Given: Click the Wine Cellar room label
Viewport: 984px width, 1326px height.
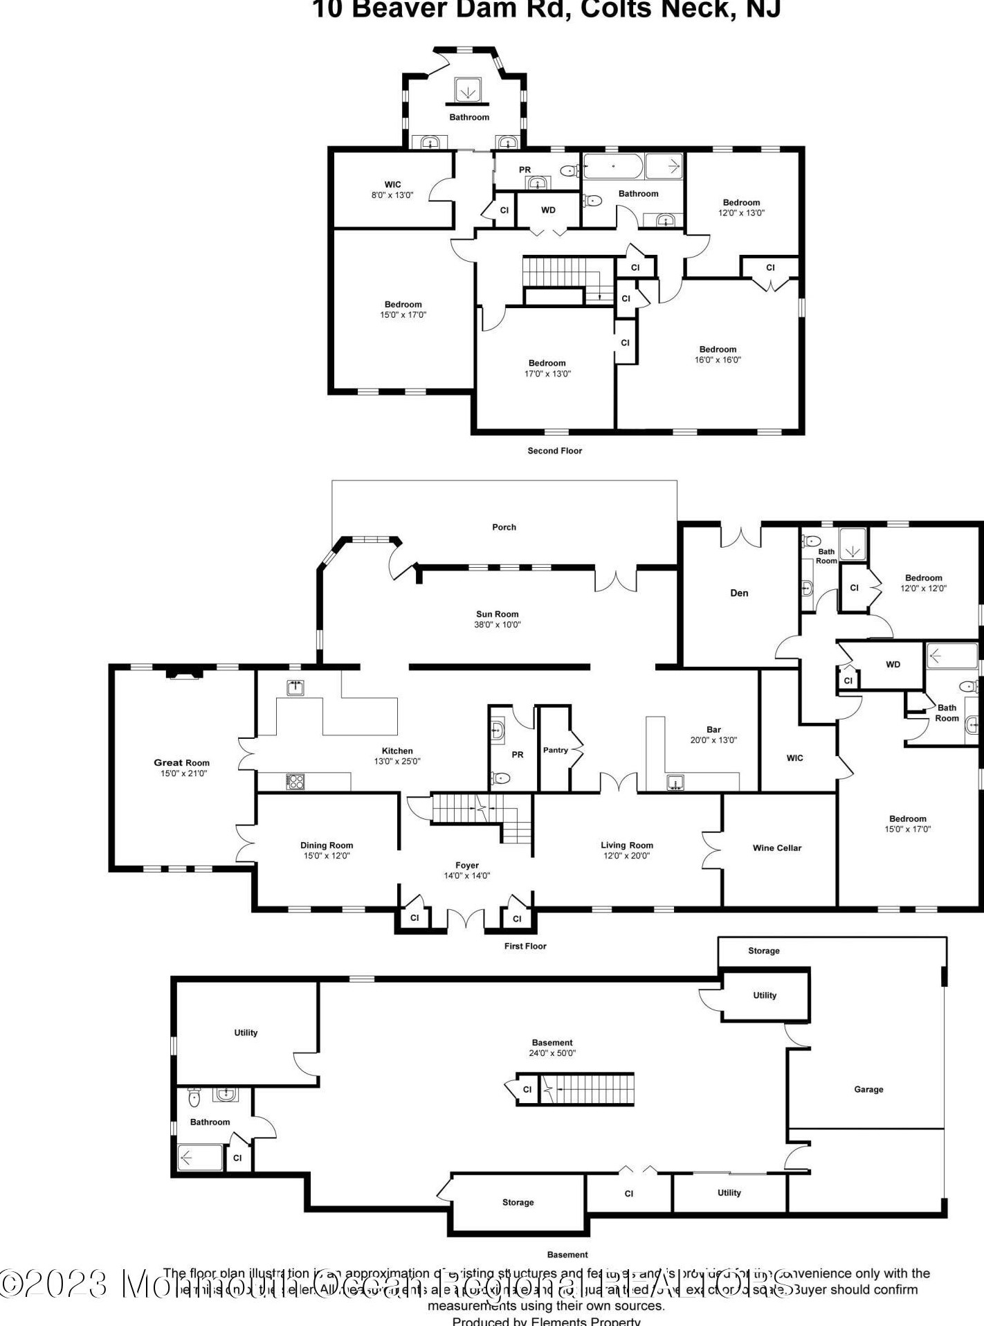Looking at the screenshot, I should point(776,848).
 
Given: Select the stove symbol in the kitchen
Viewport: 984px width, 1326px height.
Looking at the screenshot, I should point(295,781).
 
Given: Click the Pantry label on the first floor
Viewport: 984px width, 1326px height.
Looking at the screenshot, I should point(555,750).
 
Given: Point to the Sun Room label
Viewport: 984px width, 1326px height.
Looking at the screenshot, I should point(497,614).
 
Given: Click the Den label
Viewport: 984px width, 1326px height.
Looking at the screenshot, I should point(739,593).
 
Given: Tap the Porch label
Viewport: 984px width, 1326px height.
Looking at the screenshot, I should point(504,527).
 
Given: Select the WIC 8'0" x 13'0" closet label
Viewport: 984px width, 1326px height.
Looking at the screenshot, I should point(392,190).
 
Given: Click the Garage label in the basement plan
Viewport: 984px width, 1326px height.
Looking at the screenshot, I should point(868,1089).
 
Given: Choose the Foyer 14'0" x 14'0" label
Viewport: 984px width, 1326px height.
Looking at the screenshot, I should point(467,870).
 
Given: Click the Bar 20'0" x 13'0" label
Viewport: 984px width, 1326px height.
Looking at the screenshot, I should point(713,735).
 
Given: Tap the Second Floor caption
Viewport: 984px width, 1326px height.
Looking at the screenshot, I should point(554,451).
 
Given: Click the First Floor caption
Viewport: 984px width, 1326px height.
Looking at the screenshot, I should point(525,946).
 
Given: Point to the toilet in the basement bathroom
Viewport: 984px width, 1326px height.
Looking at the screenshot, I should point(194,1097).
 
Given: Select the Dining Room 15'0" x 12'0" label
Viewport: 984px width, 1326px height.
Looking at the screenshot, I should point(327,850).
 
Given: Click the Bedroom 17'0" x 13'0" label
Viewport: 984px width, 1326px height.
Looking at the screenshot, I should point(547,368).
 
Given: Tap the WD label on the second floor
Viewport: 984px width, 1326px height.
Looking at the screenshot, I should point(548,210).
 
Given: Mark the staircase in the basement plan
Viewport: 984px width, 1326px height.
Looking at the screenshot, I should point(587,1089).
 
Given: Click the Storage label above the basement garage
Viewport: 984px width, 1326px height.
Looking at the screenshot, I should point(763,951).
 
